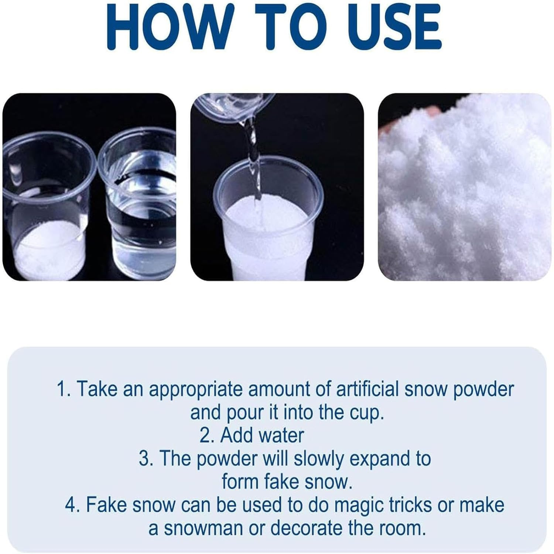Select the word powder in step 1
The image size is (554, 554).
483,390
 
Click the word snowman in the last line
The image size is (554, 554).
203,528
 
